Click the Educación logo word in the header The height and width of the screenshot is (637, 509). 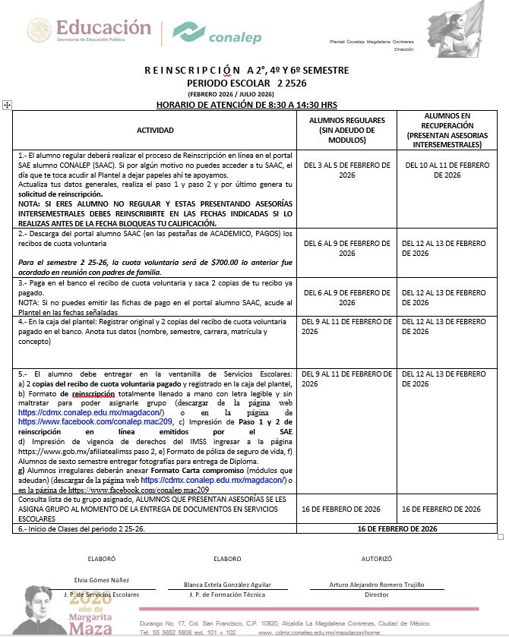[x=103, y=27]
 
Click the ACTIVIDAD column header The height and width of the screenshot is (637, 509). [x=160, y=131]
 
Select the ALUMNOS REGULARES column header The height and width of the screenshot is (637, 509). [x=346, y=131]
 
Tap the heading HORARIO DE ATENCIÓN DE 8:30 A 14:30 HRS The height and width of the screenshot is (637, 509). [x=247, y=105]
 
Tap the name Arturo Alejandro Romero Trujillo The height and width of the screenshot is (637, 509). [x=376, y=585]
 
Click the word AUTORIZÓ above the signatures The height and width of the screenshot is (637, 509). [x=376, y=558]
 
